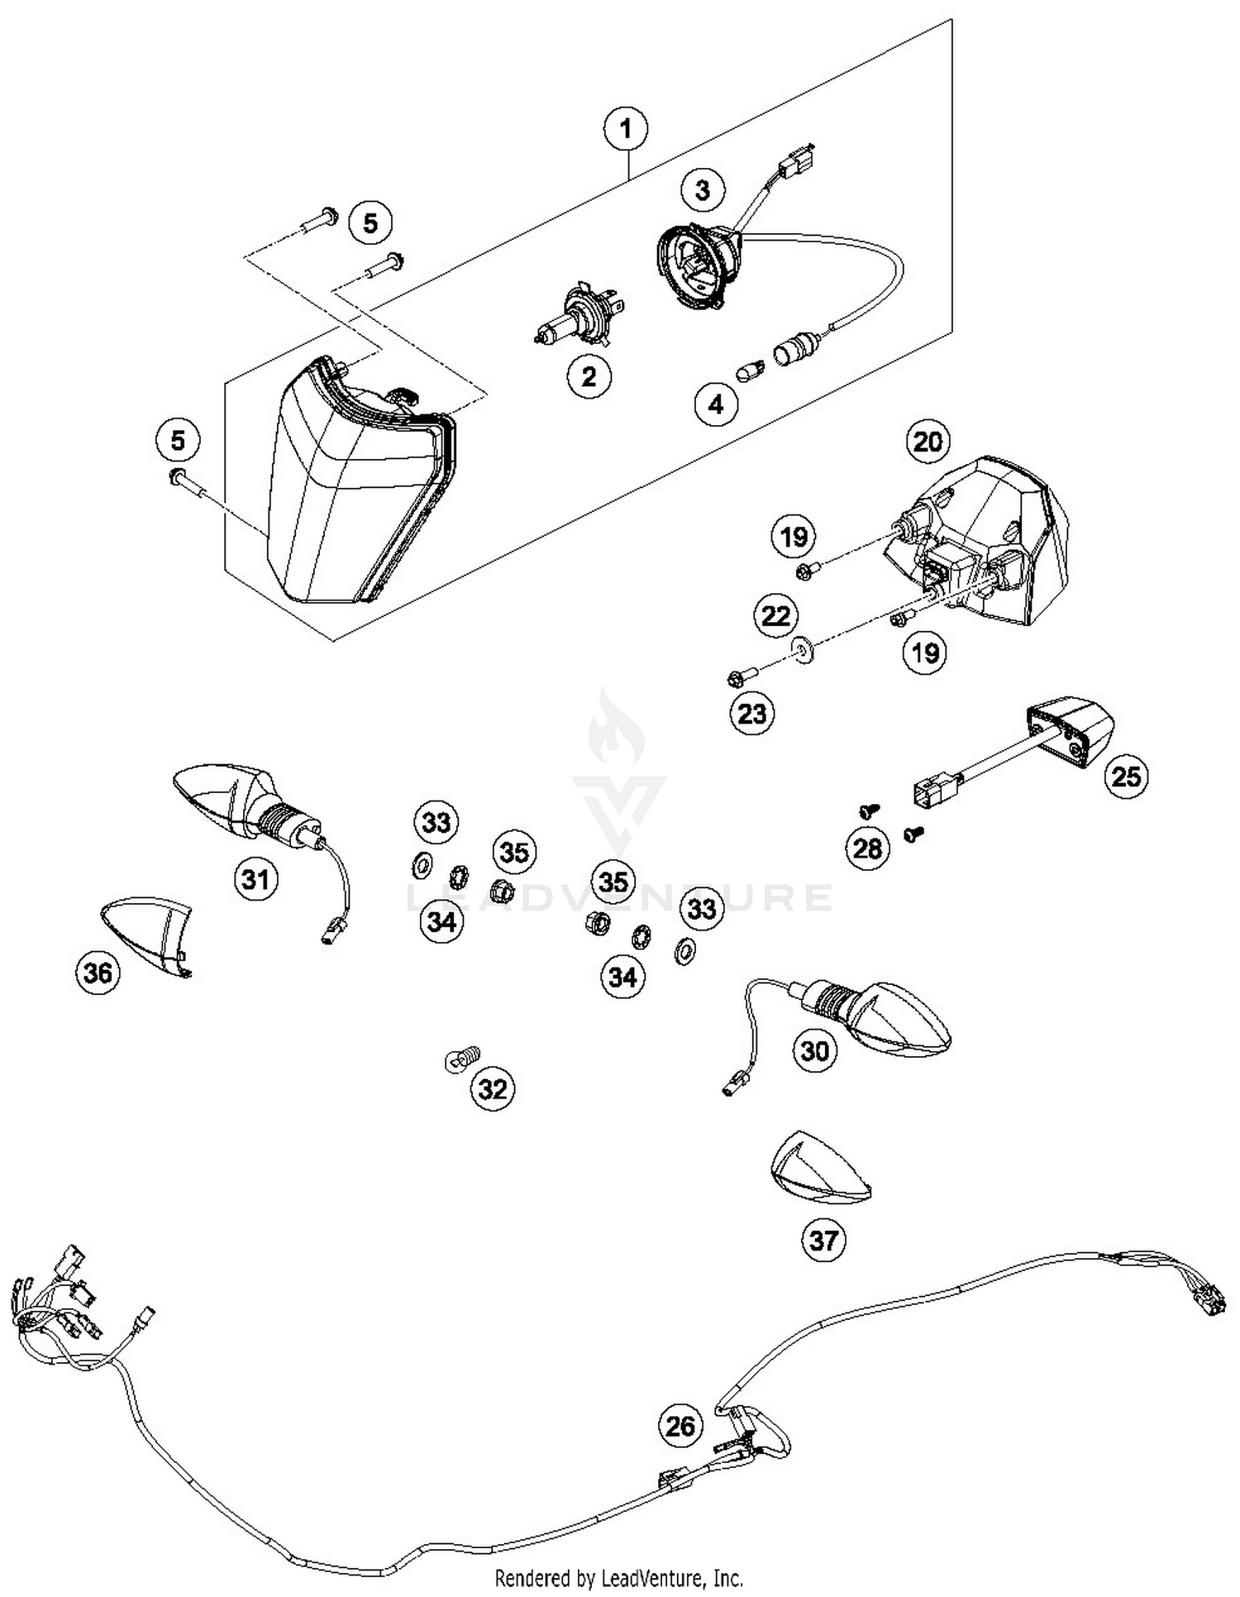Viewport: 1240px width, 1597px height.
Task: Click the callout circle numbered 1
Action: (626, 129)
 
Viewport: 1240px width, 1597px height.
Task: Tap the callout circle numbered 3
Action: (702, 190)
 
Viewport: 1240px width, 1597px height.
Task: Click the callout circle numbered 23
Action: (752, 713)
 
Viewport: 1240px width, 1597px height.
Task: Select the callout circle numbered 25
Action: (1126, 777)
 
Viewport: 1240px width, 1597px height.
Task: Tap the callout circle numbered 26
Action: (680, 1425)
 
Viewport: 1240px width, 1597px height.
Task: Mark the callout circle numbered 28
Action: (867, 848)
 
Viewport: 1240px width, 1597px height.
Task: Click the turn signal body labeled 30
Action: (885, 1017)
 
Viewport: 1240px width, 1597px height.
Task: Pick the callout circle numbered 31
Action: (255, 879)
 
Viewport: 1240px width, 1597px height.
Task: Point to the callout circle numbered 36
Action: (98, 973)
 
